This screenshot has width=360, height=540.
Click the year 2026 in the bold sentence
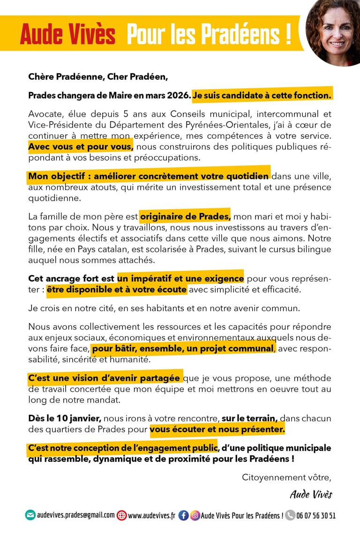point(178,95)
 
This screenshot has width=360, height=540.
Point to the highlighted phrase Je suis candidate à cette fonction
point(262,95)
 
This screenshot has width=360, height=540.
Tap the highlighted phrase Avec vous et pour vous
point(81,147)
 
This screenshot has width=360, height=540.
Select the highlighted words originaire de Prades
point(185,217)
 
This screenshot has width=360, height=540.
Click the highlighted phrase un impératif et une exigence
point(180,278)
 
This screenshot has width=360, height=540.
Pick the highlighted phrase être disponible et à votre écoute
point(116,290)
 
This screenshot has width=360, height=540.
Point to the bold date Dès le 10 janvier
point(65,418)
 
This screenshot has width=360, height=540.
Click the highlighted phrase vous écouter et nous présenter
point(217,429)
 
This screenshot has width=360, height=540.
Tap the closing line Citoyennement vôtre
point(286,478)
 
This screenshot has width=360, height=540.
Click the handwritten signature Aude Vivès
point(311,495)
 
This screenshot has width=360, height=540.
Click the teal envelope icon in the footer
point(30,515)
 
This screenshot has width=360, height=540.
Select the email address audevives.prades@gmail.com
point(76,515)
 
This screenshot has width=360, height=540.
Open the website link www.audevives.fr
point(151,516)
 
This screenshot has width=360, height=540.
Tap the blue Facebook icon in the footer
point(184,515)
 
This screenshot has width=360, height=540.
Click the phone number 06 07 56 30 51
point(316,516)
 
